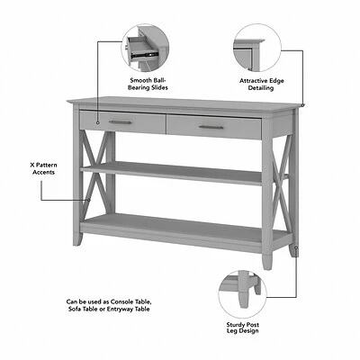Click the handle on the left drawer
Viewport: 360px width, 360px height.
[121, 122]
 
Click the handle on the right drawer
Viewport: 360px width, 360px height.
[212, 127]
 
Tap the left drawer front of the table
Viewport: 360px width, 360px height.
[121, 122]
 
